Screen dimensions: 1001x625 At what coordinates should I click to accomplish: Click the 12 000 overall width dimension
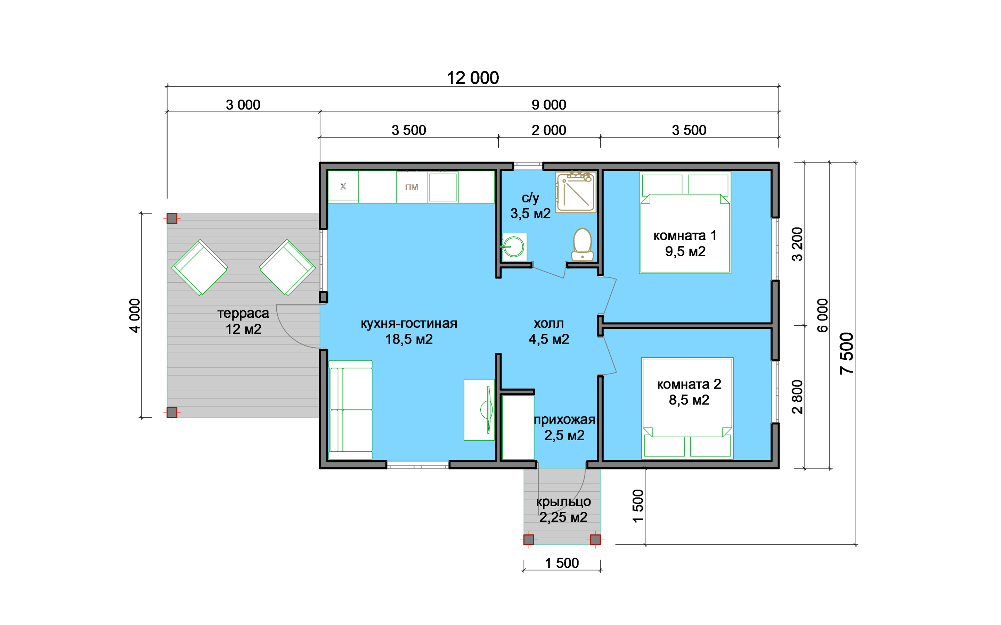point(473,78)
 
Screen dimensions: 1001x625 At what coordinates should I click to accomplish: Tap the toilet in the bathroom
point(583,245)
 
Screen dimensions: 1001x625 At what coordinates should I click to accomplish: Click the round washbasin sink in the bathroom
point(514,247)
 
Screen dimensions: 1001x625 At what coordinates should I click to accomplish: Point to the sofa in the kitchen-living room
point(350,410)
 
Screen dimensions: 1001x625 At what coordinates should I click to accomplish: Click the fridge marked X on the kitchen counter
point(343,186)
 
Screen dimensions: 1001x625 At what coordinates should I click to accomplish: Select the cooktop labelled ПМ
point(412,187)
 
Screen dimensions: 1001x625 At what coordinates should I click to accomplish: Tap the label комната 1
point(685,236)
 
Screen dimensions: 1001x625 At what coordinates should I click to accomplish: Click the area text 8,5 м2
point(689,400)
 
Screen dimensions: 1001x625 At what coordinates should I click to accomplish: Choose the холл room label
point(548,323)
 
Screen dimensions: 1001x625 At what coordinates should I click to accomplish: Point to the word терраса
point(243,313)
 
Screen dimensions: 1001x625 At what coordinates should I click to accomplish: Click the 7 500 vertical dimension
point(846,353)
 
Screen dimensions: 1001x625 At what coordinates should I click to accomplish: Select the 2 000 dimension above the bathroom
point(549,130)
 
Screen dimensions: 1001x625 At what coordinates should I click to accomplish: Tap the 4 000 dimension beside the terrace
point(135,315)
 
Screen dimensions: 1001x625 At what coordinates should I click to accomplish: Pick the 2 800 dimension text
point(797,397)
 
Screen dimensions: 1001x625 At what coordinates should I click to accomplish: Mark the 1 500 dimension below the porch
point(562,563)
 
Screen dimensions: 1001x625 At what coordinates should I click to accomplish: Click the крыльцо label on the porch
point(563,502)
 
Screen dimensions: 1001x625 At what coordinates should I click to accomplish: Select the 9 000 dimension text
point(549,105)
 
